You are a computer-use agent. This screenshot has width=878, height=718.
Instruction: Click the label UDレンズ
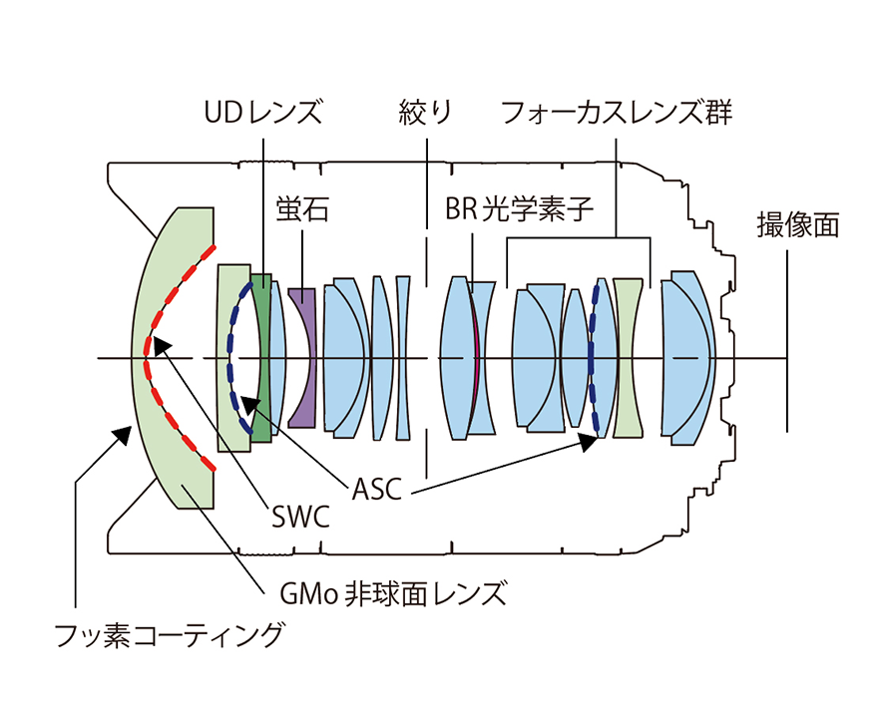262,112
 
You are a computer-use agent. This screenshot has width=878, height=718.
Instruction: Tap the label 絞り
425,112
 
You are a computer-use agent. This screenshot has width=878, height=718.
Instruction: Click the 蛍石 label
301,210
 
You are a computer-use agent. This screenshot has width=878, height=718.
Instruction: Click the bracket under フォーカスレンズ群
579,237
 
